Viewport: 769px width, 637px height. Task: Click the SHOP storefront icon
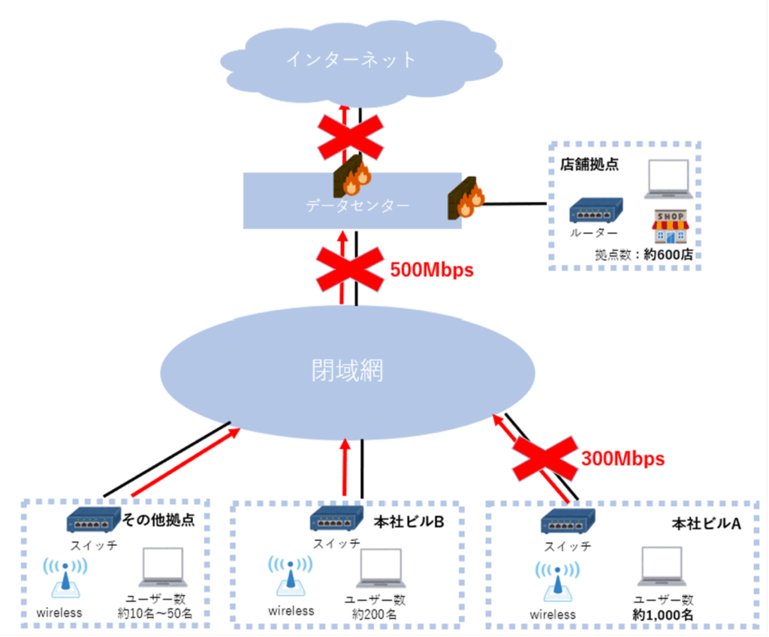(670, 227)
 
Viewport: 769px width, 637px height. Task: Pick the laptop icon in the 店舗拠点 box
(667, 179)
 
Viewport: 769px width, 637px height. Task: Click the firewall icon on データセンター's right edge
(466, 199)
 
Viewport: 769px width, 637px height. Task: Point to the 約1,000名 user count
(663, 615)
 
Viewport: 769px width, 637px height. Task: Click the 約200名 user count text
(374, 614)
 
